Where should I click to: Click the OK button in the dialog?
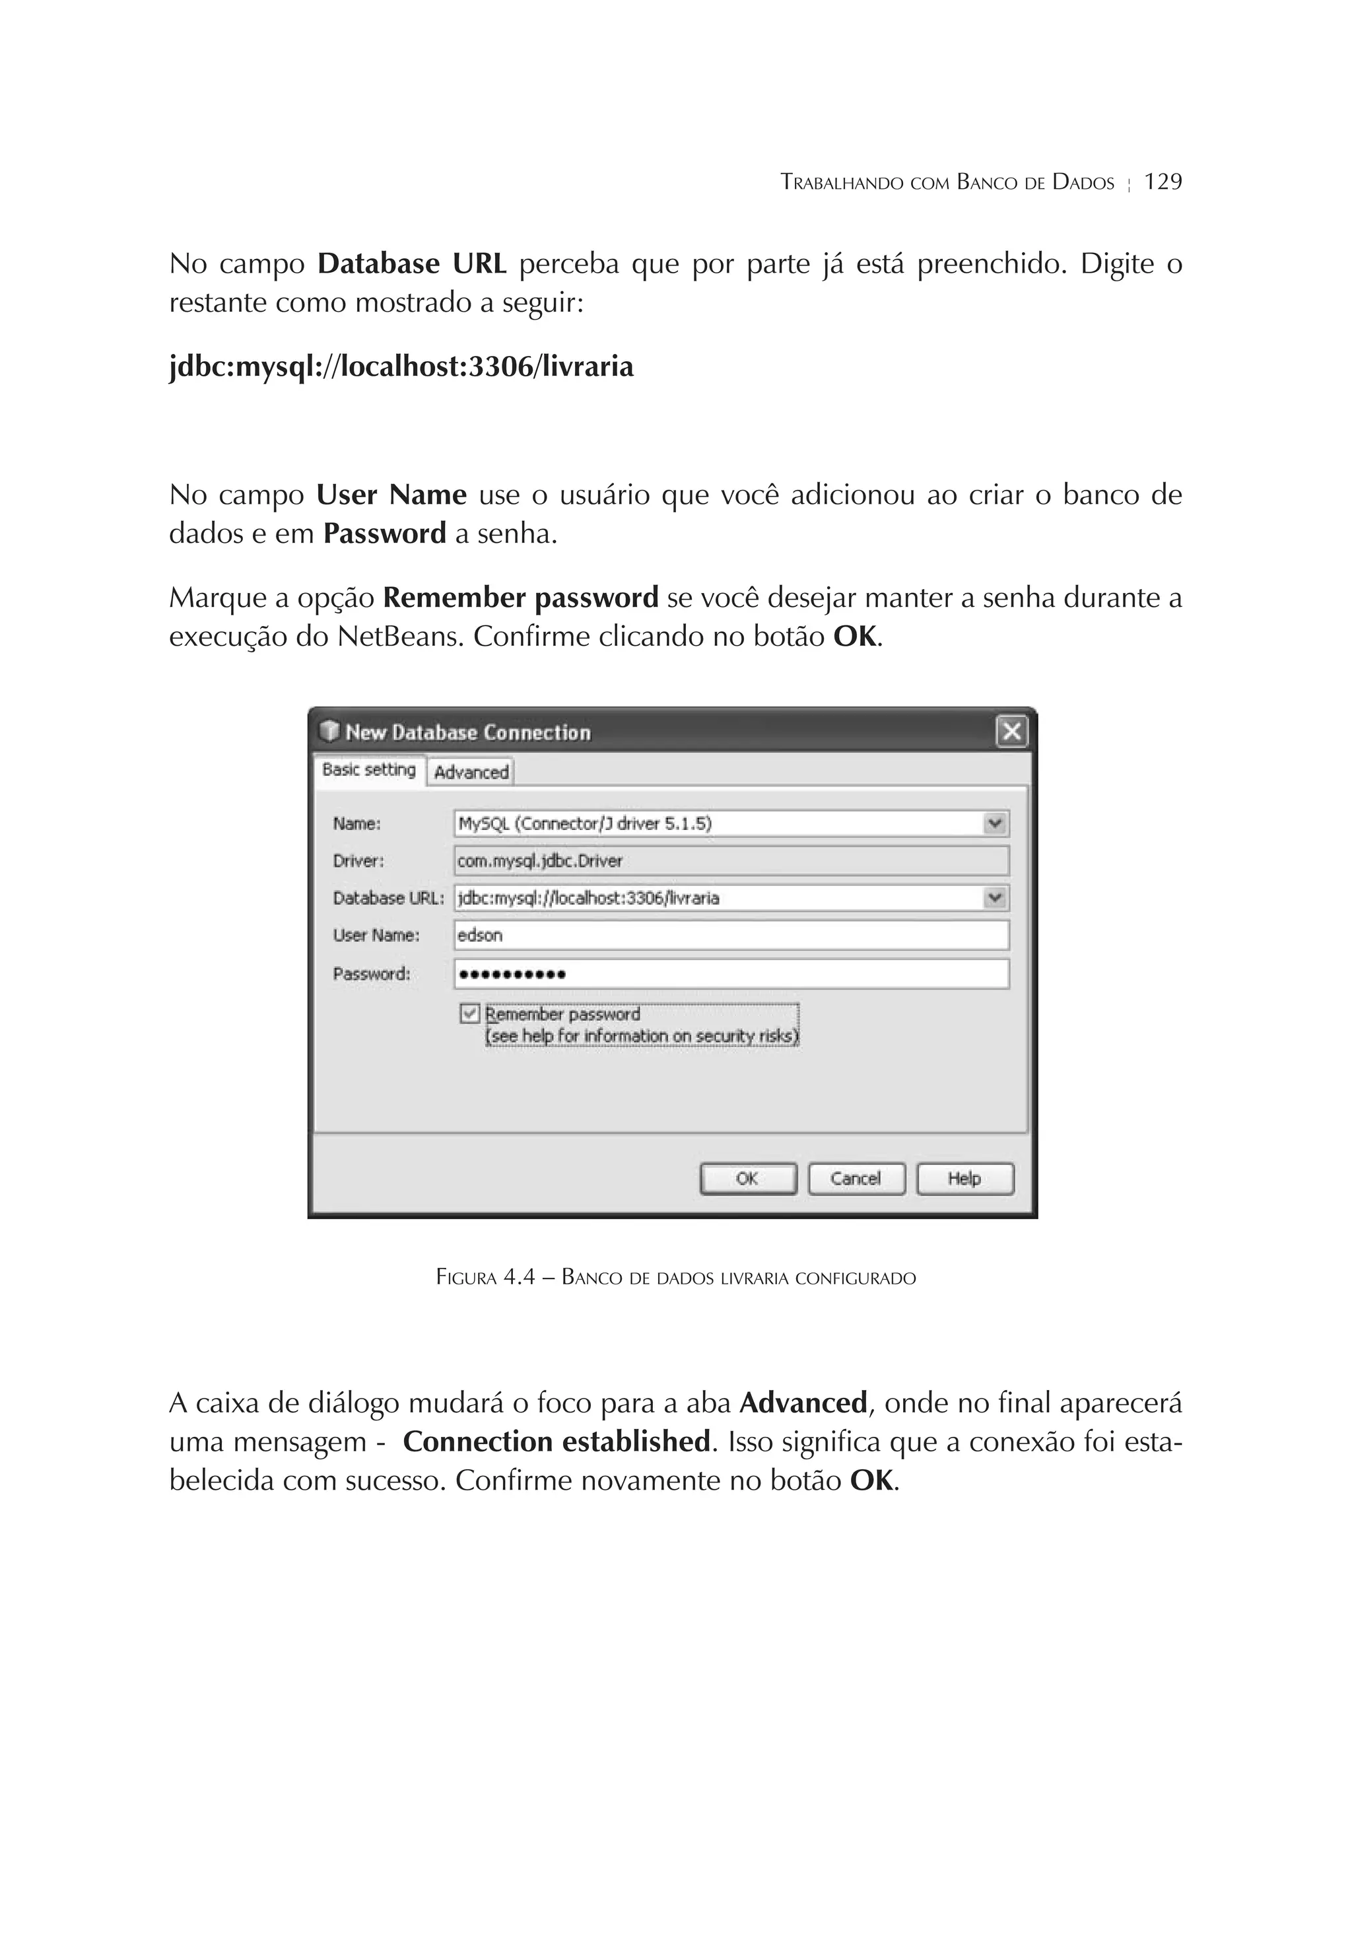pos(747,1179)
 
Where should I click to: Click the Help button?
pos(964,1179)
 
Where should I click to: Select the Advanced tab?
pos(471,772)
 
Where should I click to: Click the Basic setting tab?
pos(369,770)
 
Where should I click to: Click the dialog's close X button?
pos(1011,731)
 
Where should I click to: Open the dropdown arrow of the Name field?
pos(996,823)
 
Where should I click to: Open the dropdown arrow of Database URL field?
pos(996,897)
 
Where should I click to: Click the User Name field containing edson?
pos(731,936)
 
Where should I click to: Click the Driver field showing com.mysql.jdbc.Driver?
pos(731,861)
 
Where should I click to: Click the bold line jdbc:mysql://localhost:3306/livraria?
pos(401,366)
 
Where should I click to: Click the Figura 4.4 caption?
pos(675,1277)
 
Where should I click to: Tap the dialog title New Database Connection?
pos(467,732)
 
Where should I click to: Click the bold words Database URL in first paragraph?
pos(411,264)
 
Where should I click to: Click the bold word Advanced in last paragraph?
pos(803,1403)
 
